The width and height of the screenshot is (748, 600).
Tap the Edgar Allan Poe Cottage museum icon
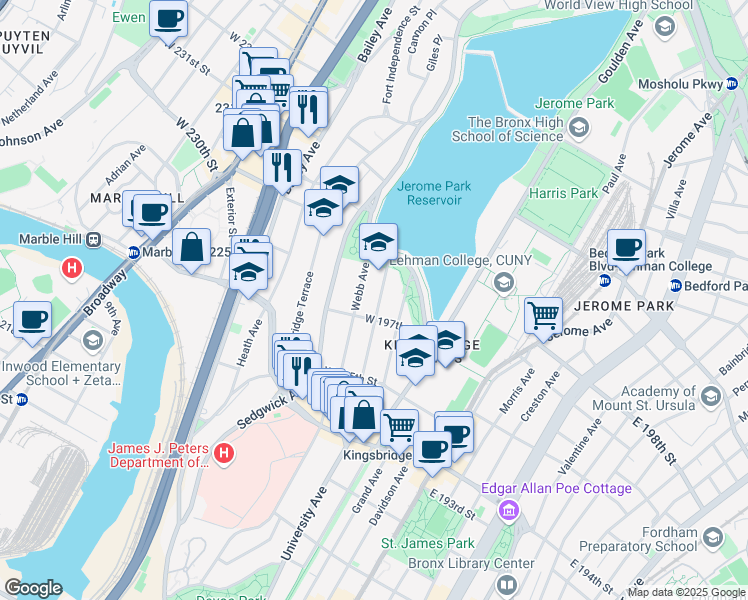[x=509, y=511]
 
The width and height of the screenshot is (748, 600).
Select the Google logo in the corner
[x=33, y=588]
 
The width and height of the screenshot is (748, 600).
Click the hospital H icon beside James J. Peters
[x=224, y=454]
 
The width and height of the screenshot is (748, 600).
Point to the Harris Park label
[x=564, y=193]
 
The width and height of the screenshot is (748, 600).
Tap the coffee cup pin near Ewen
[x=168, y=17]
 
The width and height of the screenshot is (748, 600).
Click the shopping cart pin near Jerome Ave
[x=543, y=315]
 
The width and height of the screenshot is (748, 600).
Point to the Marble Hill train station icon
[x=94, y=240]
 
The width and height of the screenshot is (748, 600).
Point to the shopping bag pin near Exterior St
[x=190, y=246]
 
